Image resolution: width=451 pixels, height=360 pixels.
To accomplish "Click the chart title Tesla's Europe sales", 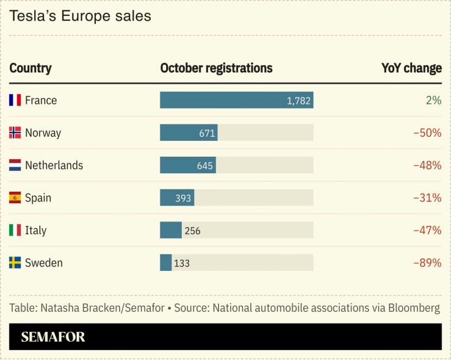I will tap(80, 16).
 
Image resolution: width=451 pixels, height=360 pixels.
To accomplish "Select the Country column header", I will tap(31, 68).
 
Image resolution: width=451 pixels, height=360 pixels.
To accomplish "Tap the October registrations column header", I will tap(216, 68).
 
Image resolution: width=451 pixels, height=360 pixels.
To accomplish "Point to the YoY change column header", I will tap(411, 68).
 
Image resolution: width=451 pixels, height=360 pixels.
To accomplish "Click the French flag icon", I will tap(15, 100).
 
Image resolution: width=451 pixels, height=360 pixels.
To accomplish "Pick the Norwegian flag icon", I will tap(15, 132).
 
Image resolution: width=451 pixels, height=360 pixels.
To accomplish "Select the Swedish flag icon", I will tap(15, 263).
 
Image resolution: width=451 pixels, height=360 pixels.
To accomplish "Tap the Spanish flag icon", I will tap(15, 198).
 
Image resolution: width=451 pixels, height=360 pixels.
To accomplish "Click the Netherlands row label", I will tap(54, 165).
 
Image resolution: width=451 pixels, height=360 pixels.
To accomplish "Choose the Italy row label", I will tap(35, 231).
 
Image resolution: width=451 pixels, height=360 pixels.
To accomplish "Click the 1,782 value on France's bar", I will tap(298, 101).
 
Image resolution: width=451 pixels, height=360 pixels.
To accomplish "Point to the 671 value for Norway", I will tap(206, 133).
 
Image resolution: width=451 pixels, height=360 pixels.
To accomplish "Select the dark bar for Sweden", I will tap(165, 263).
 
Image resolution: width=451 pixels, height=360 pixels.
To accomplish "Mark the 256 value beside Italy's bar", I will tap(192, 231).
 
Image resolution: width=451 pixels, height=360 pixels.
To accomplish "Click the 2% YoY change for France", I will tap(433, 100).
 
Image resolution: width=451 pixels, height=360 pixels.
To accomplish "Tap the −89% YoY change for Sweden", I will tap(427, 263).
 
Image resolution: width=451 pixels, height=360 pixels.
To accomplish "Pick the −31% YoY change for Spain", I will tap(427, 198).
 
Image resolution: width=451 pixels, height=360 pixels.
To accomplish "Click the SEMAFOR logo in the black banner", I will tap(53, 337).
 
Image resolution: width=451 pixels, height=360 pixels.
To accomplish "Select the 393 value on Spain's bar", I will tap(183, 198).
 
